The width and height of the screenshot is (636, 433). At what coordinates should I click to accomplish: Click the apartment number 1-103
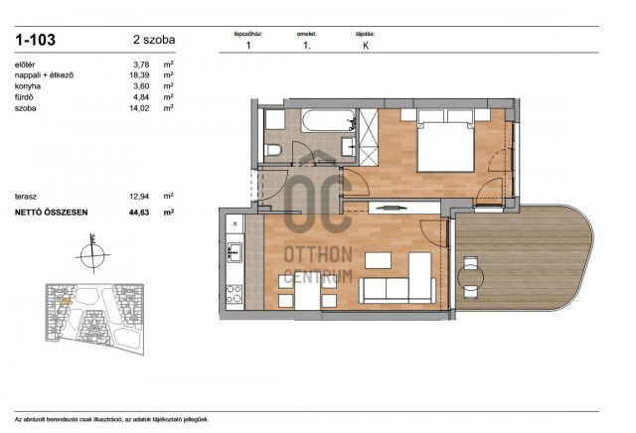tap(35, 41)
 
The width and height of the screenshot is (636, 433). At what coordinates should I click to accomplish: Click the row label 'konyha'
tap(28, 86)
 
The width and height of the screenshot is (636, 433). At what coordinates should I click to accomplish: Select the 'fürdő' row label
tap(25, 97)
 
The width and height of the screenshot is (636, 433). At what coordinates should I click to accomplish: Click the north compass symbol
tap(90, 252)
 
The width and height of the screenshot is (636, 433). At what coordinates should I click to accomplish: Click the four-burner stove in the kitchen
tap(235, 294)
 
